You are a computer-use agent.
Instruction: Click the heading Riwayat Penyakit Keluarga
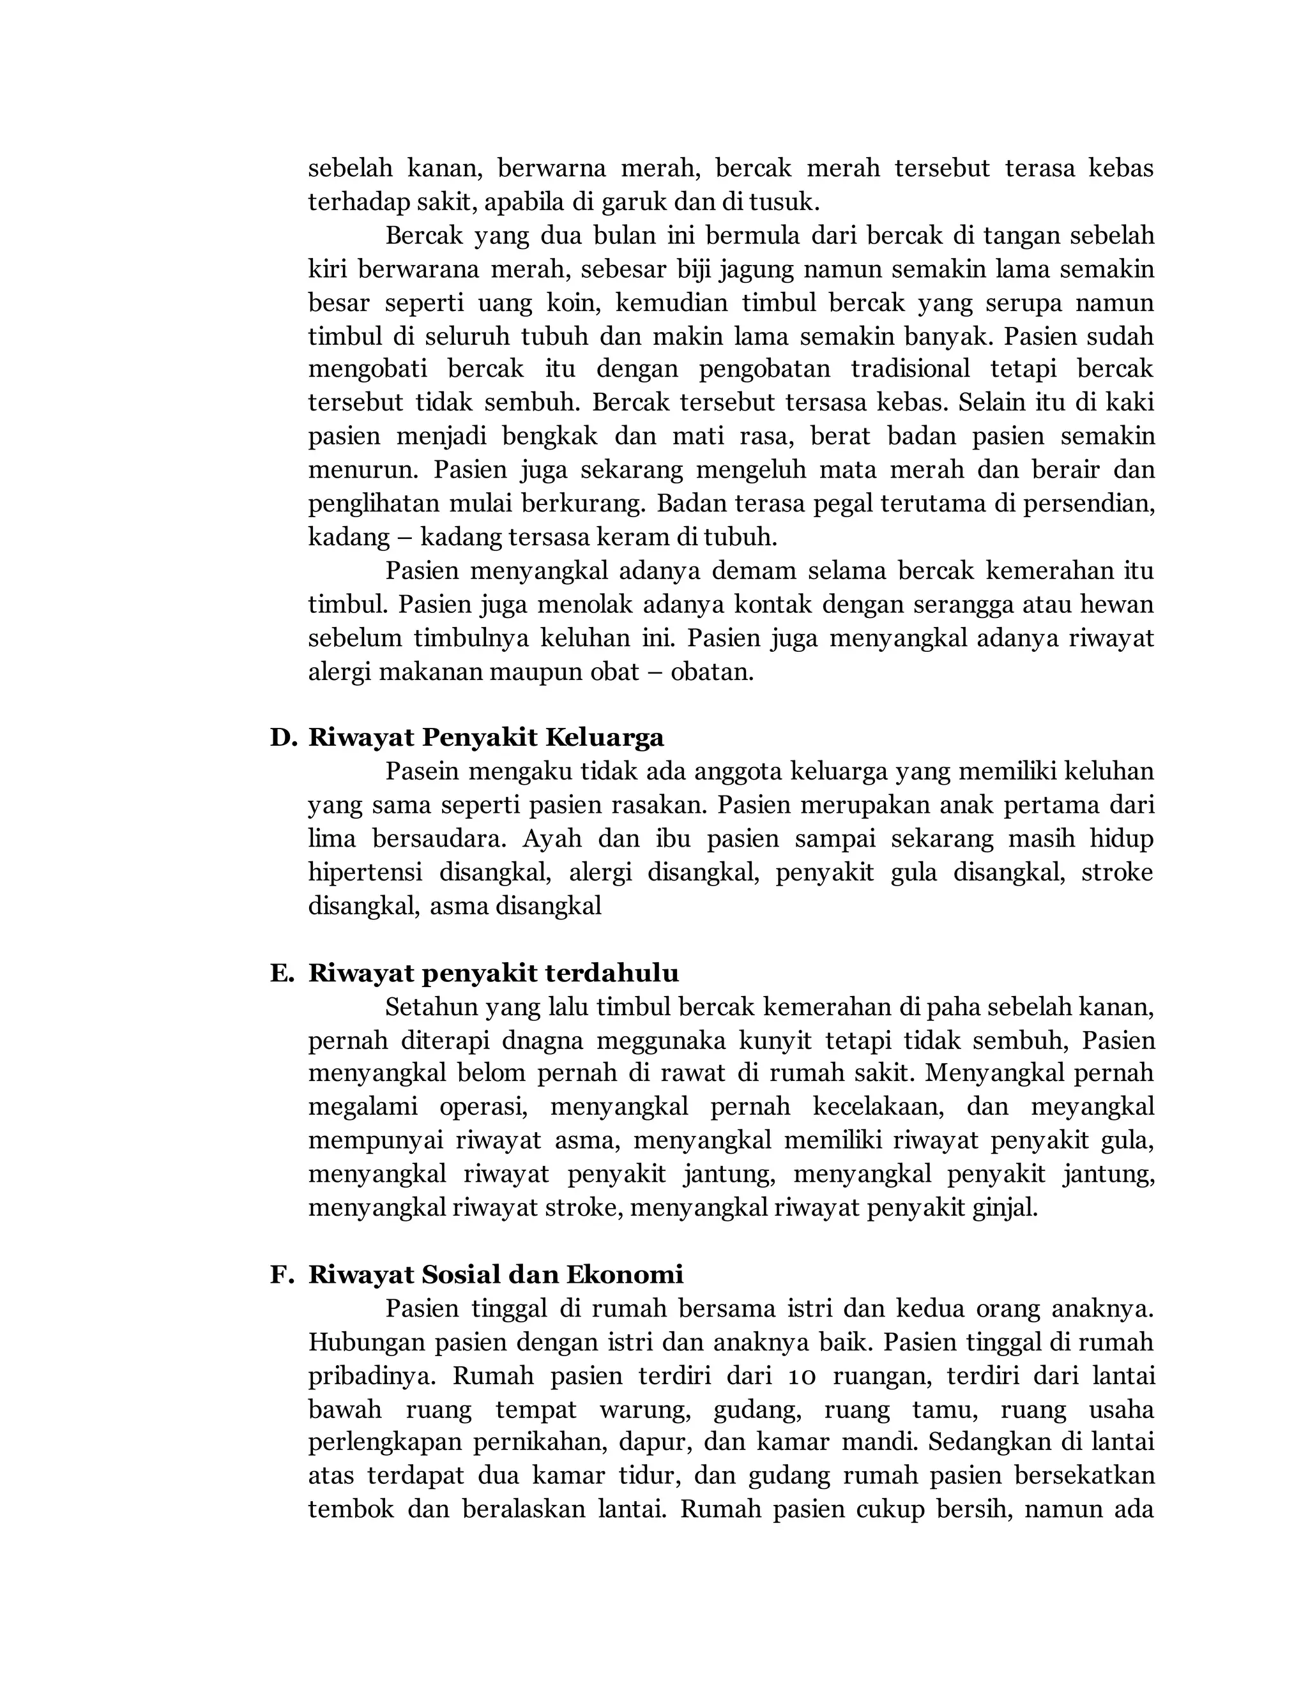click(x=486, y=737)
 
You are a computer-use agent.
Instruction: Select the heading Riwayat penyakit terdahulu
click(x=494, y=973)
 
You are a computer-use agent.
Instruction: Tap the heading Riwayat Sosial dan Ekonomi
click(x=496, y=1274)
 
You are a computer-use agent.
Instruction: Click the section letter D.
click(x=283, y=737)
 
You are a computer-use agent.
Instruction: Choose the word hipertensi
click(x=365, y=872)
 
